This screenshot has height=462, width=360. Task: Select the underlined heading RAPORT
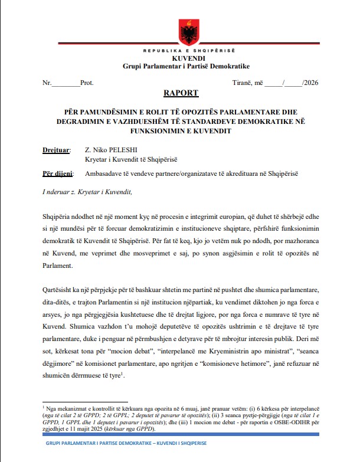[x=181, y=93]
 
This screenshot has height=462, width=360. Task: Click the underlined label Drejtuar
[x=56, y=151]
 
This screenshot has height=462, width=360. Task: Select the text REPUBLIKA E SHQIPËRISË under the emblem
[x=180, y=52]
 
